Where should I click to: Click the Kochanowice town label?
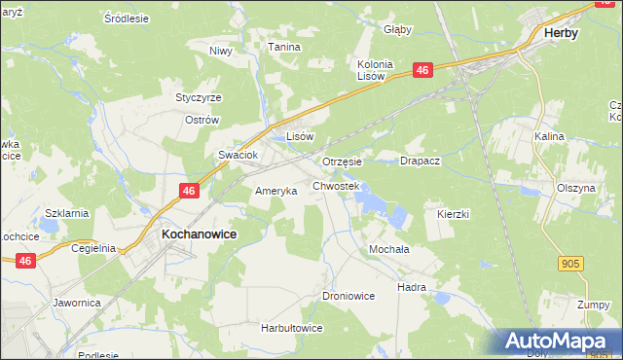pos(199,235)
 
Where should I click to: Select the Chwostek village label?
pos(336,185)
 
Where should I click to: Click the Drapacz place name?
pos(421,162)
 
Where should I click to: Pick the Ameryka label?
pos(275,191)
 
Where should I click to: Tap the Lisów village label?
pos(299,137)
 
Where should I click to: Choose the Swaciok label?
pos(237,155)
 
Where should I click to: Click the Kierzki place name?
pos(454,213)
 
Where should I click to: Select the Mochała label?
pos(388,249)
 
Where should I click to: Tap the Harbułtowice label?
pos(291,328)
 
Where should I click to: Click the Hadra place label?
pos(412,288)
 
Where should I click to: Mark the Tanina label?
pos(284,46)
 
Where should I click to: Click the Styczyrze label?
pos(198,97)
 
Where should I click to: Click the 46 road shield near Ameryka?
pos(190,192)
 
